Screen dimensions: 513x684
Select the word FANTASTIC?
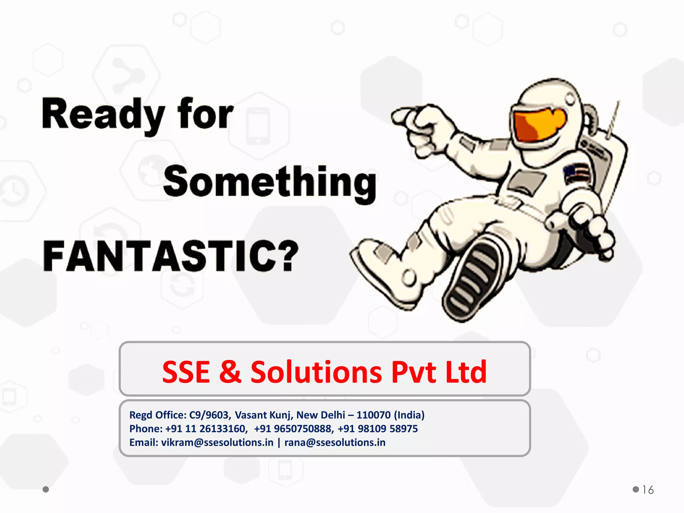170,256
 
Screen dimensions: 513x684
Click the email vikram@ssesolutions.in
217,443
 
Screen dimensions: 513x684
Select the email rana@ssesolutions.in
335,443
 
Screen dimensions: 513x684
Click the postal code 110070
373,415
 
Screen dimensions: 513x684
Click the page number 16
648,490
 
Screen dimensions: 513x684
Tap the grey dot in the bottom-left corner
46,489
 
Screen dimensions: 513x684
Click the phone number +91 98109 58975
377,429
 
